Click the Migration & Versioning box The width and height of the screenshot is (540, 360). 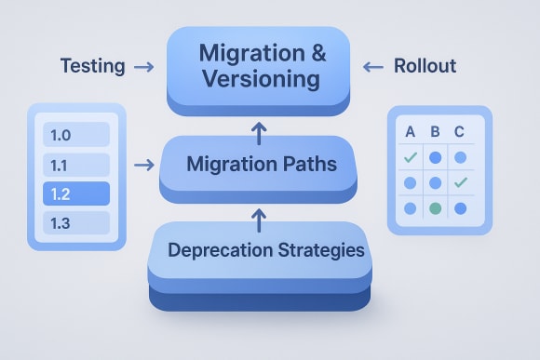click(x=257, y=66)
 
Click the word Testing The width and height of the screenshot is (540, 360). click(x=92, y=66)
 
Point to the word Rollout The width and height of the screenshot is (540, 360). click(x=425, y=66)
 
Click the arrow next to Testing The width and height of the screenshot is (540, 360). click(x=143, y=67)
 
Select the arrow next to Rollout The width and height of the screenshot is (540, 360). click(x=372, y=67)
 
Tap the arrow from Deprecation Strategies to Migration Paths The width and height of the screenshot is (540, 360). click(x=259, y=220)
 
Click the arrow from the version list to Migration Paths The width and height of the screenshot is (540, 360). click(x=143, y=166)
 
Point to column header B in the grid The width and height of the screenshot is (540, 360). click(x=435, y=132)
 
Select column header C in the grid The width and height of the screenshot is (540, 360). click(x=459, y=132)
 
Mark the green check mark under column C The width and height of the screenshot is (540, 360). click(x=459, y=182)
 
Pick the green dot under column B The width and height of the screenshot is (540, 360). click(x=435, y=207)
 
